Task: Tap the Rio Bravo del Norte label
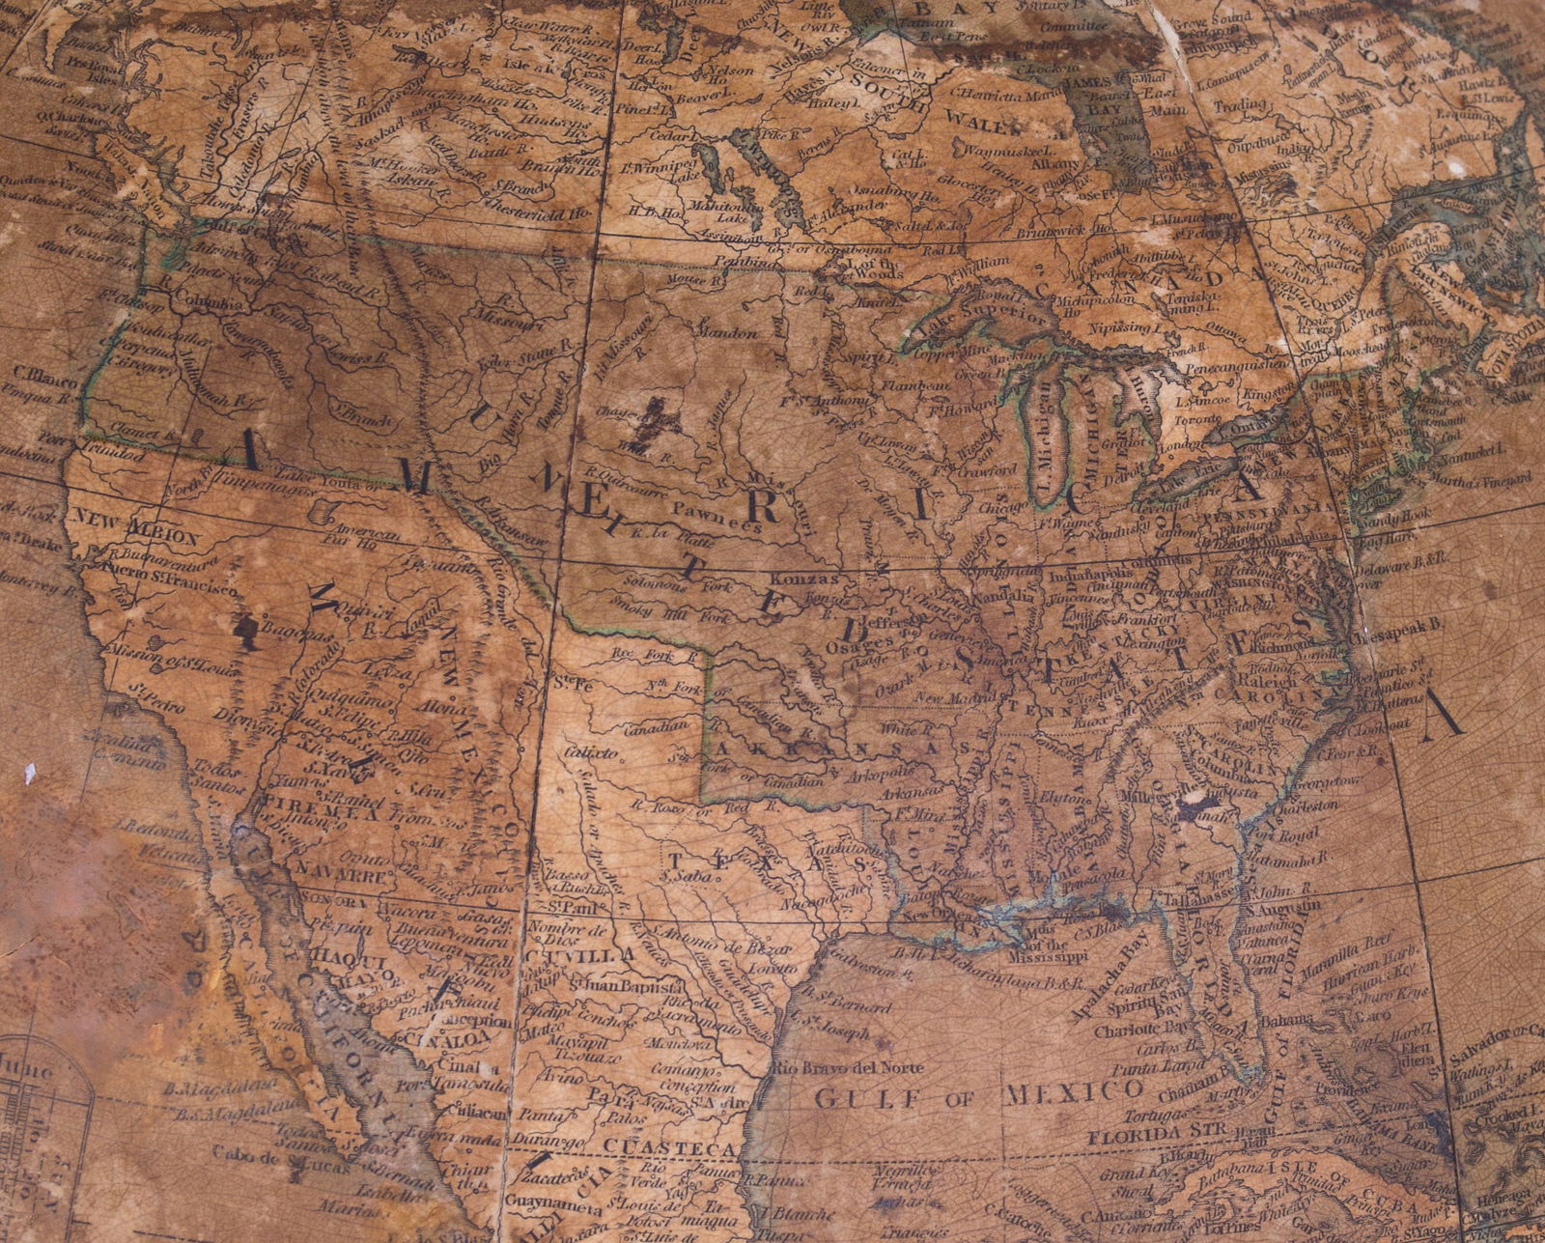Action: [x=848, y=1068]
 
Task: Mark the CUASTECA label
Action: [x=675, y=1147]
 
